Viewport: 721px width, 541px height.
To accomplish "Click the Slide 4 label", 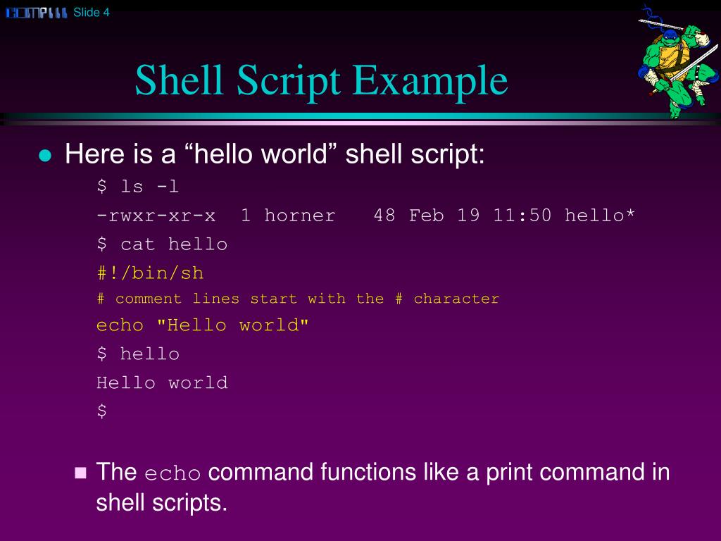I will pos(92,12).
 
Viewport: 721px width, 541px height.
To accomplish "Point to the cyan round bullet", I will pos(46,156).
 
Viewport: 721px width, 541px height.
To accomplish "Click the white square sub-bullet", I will pos(80,473).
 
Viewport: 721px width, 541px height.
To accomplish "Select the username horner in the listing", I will pos(300,216).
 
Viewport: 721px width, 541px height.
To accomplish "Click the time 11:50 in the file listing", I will pos(522,216).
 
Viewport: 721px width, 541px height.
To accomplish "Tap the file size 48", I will pos(384,216).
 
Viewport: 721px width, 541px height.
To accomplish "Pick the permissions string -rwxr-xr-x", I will pos(156,216).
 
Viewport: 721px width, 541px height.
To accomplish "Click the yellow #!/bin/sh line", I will pos(150,273).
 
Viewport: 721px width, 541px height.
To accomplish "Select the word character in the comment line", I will pos(456,299).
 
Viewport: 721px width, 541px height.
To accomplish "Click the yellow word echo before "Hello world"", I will pos(120,325).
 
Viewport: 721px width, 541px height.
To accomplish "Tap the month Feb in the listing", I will pos(427,216).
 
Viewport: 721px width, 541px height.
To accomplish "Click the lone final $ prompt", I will pos(102,411).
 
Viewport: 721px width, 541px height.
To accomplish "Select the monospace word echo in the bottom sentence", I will pos(173,474).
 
